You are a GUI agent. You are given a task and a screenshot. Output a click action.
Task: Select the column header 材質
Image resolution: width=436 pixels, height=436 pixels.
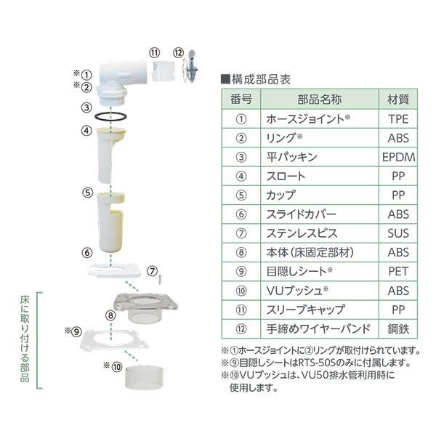[398, 99]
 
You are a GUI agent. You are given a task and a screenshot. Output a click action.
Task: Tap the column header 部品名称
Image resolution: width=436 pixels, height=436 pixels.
[319, 99]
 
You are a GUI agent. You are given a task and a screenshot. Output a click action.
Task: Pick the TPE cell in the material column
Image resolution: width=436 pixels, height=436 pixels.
[398, 118]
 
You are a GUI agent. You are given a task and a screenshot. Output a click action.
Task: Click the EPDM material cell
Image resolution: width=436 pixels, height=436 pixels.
[398, 157]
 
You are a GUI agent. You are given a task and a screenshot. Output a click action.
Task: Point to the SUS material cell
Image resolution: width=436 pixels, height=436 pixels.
[398, 234]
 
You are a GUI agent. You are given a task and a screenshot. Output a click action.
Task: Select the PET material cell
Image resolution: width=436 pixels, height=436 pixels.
[398, 272]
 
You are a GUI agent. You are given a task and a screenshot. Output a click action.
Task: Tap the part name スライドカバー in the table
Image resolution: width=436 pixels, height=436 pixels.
[302, 215]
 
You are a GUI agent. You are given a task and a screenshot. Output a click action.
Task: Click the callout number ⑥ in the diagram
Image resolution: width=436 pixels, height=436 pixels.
[87, 253]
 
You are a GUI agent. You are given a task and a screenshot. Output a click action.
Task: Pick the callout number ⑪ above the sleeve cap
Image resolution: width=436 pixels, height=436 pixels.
[154, 52]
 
